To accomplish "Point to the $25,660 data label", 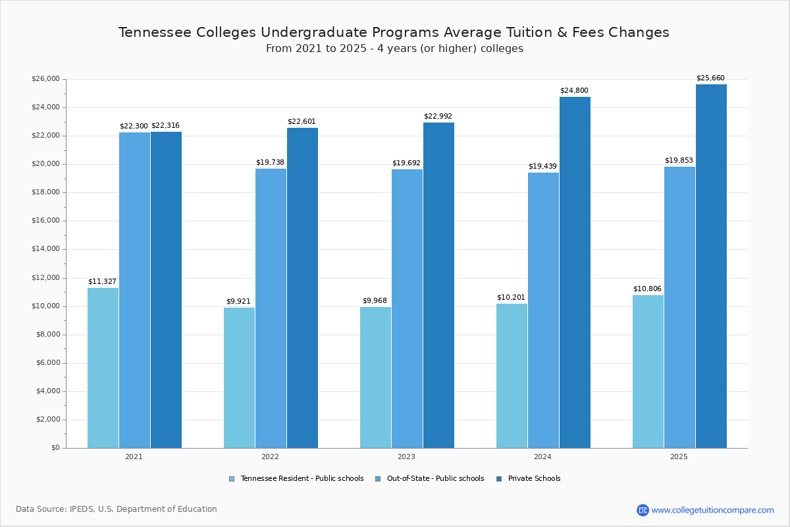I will pos(710,78).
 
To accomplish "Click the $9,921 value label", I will pos(238,302).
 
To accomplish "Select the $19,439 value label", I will pos(542,167).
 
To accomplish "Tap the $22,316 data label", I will pos(165,126).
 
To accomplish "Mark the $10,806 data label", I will pos(647,289).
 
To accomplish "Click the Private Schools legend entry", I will pos(533,479).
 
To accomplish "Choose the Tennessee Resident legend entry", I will pos(302,479).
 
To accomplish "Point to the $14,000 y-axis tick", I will pos(45,249).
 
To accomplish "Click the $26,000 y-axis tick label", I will pos(45,79).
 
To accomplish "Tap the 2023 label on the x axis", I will pos(406,457).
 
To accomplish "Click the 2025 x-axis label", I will pos(679,457).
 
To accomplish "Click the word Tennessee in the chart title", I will pos(155,32).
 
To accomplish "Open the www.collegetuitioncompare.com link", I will pos(712,510).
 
